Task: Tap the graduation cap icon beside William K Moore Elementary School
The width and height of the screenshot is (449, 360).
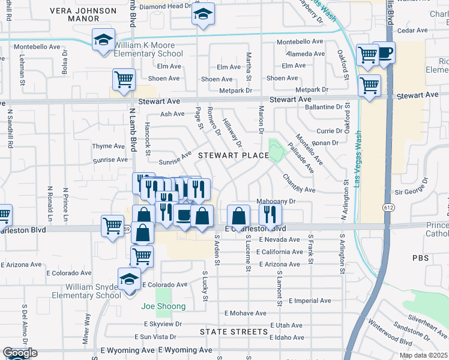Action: point(103,40)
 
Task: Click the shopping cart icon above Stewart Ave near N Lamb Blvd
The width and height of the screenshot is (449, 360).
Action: point(124,80)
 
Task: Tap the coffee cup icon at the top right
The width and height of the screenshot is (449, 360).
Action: point(384,52)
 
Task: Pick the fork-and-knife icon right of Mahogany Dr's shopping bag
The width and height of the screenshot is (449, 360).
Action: point(271,214)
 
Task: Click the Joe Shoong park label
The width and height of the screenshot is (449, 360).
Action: point(163,306)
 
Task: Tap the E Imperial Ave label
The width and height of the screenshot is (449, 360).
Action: point(310,301)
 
